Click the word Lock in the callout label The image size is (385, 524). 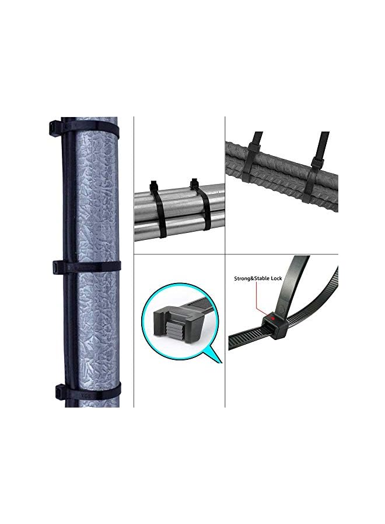pos(275,279)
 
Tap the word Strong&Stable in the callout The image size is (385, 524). pos(250,279)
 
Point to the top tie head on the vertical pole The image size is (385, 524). pos(55,127)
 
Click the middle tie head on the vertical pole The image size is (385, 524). pos(57,267)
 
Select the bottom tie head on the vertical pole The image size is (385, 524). pos(58,390)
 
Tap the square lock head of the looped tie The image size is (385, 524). pos(272,323)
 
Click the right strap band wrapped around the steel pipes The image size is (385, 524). pos(205,215)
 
